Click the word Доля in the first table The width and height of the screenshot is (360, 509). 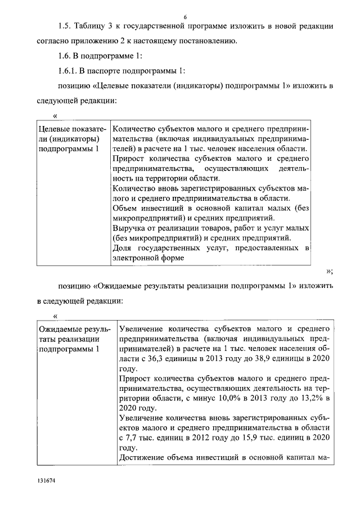[x=124, y=248]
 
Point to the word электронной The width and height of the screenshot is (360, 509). [x=135, y=258]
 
